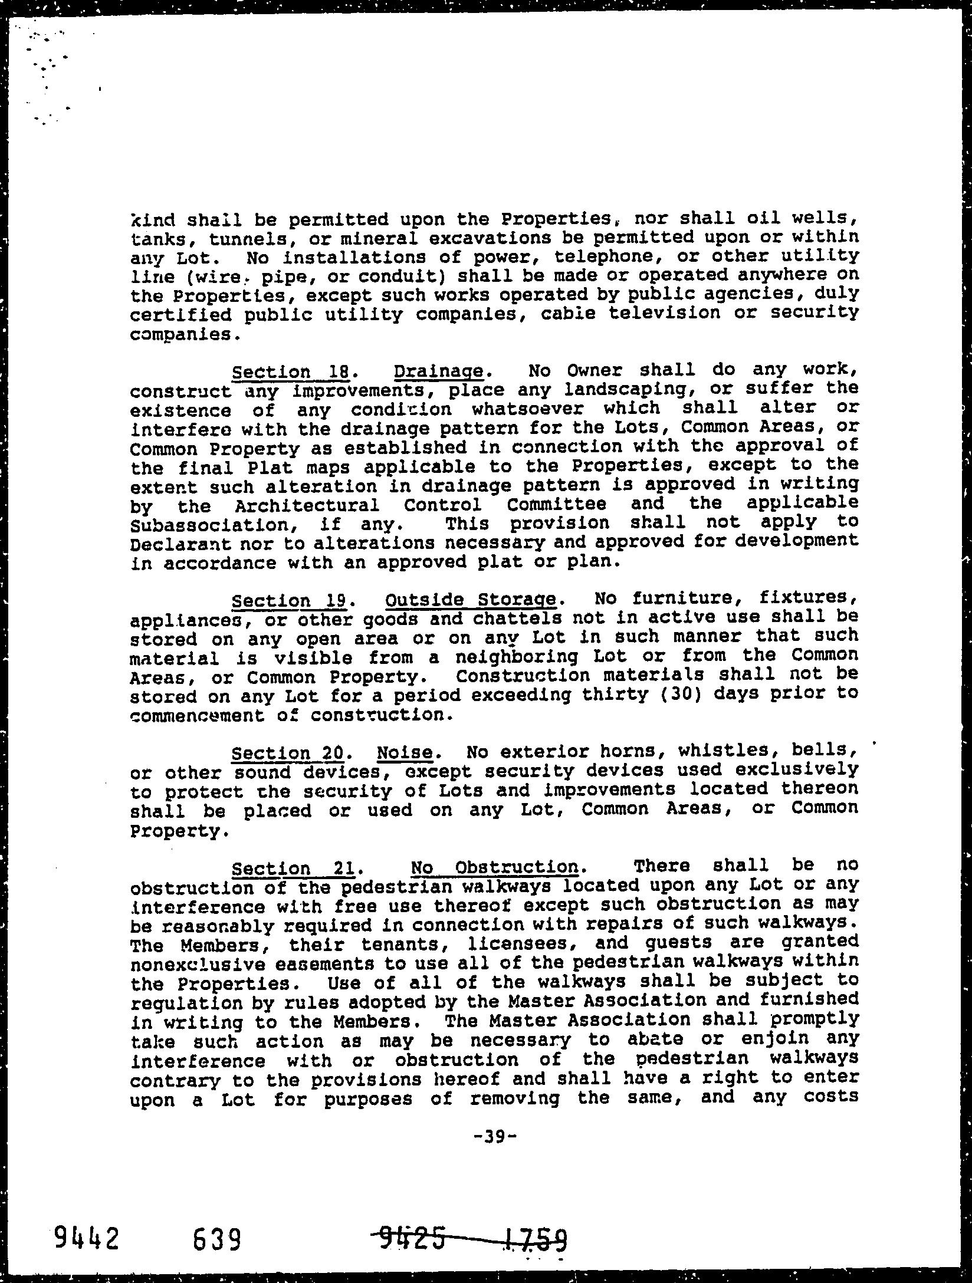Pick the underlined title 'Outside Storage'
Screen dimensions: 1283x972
point(471,600)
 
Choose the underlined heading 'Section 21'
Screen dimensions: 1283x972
point(293,868)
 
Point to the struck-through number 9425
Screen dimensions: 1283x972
point(412,1236)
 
